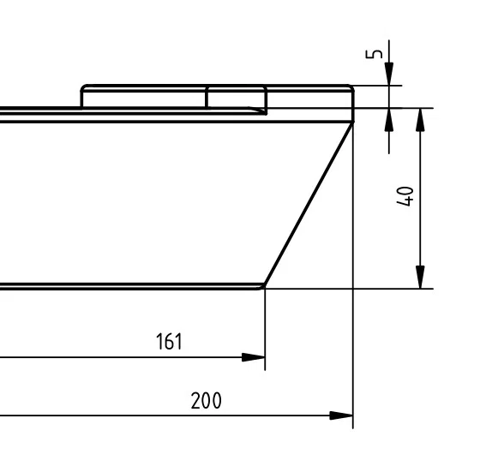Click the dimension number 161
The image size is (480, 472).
tap(170, 342)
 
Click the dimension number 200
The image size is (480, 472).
tap(206, 400)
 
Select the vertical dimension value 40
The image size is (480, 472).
tap(405, 196)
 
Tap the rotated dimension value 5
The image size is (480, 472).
tap(374, 54)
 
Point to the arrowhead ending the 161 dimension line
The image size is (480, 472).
tap(254, 357)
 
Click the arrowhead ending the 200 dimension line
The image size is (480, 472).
tap(341, 415)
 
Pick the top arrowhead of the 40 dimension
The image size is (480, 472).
tap(421, 120)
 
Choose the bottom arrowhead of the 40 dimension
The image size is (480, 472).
tap(421, 277)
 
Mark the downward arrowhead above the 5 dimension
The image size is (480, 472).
tap(389, 74)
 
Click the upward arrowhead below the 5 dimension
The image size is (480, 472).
tap(389, 120)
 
